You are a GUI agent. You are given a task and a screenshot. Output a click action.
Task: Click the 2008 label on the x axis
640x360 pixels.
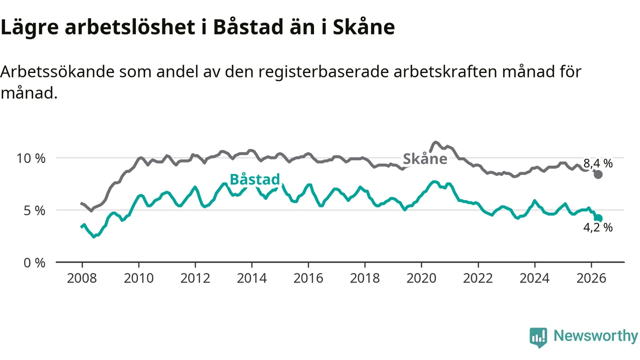(x=82, y=278)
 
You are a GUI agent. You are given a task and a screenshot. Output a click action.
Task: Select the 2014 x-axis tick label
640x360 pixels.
(x=251, y=278)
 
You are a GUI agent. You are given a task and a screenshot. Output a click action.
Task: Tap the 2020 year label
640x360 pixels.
(x=421, y=278)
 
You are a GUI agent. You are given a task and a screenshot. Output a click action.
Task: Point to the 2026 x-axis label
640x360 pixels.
(x=591, y=278)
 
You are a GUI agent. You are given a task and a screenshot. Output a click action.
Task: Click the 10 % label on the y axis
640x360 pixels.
(x=31, y=158)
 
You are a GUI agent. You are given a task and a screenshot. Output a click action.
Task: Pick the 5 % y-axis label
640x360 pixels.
(x=34, y=210)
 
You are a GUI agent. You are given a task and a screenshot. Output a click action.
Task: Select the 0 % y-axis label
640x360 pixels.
(x=34, y=263)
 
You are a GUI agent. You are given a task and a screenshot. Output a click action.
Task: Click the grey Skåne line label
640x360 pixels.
(x=425, y=158)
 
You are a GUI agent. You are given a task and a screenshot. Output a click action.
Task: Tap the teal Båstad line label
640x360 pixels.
(x=254, y=179)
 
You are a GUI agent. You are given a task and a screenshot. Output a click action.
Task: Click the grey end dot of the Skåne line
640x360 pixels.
(x=598, y=174)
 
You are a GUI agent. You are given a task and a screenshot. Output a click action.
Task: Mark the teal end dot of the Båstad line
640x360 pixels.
(x=598, y=218)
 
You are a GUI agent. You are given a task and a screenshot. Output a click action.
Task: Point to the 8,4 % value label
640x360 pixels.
(x=598, y=163)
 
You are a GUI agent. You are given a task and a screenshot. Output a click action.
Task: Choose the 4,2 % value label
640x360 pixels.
(x=598, y=227)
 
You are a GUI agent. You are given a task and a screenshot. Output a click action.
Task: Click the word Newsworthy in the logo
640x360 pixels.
(x=595, y=335)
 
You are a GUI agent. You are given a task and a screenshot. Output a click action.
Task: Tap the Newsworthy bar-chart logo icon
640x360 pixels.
(x=538, y=337)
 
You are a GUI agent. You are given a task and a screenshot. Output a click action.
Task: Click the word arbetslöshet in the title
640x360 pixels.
(x=130, y=27)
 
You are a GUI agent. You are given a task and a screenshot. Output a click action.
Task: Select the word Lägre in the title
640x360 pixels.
(x=29, y=27)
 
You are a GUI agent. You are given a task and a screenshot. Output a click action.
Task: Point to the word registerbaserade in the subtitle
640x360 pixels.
(x=323, y=72)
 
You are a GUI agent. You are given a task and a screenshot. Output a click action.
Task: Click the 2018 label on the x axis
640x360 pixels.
(x=365, y=278)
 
